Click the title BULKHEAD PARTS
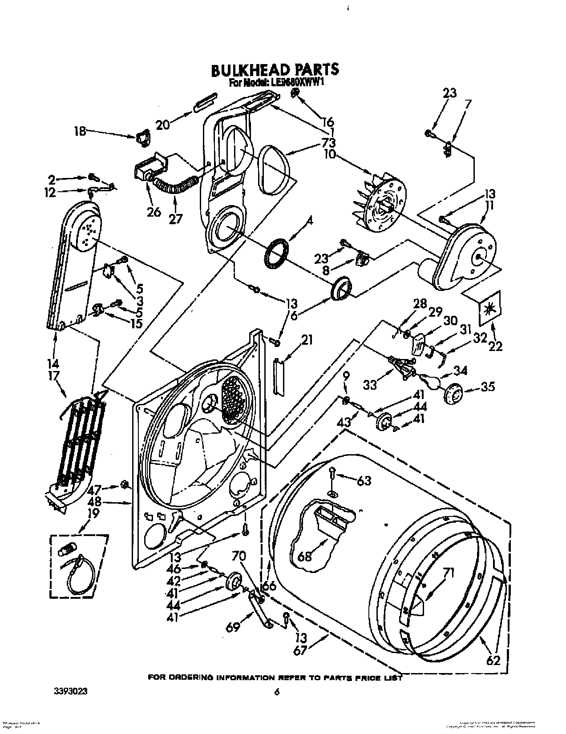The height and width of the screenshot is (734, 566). click(275, 69)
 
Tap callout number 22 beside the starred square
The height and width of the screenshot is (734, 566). click(495, 345)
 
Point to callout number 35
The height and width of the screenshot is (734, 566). click(488, 387)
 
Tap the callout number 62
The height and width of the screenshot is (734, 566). click(493, 660)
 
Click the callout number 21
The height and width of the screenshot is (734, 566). click(307, 340)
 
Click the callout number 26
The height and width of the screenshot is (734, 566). click(154, 212)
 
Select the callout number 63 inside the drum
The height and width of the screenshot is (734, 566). click(364, 480)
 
